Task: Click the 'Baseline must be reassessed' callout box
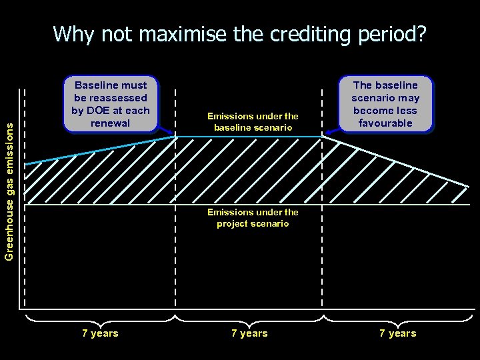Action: click(x=111, y=104)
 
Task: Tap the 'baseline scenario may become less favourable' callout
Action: click(x=385, y=104)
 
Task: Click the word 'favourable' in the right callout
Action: click(x=385, y=123)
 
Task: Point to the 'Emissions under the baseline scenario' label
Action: click(x=253, y=122)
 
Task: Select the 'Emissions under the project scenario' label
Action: click(x=253, y=218)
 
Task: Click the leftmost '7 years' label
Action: click(x=100, y=333)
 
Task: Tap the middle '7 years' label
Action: click(x=249, y=333)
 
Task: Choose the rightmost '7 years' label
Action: click(x=397, y=333)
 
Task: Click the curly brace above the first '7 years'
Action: click(x=100, y=317)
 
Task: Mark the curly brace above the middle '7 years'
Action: click(x=249, y=317)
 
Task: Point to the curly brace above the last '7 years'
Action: click(x=398, y=317)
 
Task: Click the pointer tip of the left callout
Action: click(x=175, y=135)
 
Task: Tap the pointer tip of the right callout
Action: click(x=325, y=135)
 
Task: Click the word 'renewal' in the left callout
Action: click(x=111, y=123)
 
